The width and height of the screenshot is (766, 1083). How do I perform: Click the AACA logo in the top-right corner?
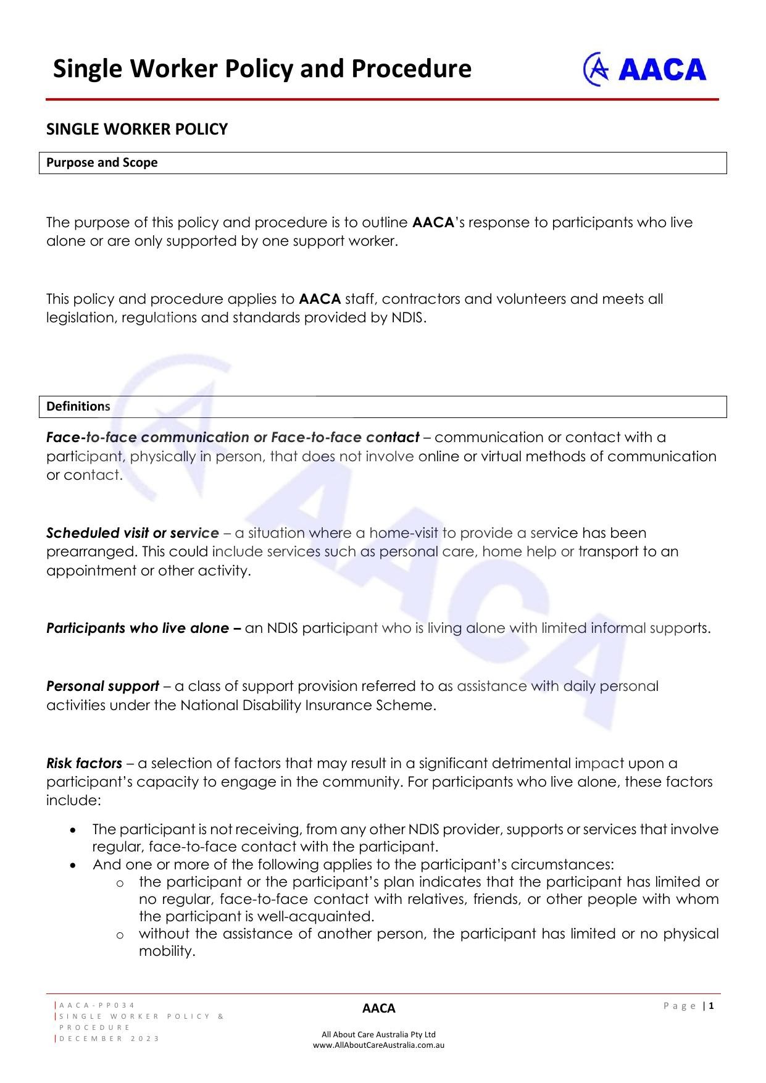644,69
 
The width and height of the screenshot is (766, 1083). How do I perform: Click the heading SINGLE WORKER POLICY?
137,129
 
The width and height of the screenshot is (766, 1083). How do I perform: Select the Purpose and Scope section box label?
102,162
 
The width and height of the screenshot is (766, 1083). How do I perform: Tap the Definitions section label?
78,406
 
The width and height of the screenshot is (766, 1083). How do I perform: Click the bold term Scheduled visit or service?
133,533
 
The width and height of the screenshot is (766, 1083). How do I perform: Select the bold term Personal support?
102,686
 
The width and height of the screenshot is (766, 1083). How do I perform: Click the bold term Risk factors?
84,763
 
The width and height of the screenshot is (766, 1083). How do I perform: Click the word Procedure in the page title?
412,69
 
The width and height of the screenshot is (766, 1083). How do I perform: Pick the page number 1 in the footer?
712,1006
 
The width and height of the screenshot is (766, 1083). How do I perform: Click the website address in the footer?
378,1045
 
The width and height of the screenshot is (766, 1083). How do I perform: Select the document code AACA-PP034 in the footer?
98,1005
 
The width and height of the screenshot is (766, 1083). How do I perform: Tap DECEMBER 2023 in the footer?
109,1039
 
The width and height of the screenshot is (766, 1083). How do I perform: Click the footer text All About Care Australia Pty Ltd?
378,1034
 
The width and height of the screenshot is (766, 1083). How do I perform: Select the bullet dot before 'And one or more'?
74,865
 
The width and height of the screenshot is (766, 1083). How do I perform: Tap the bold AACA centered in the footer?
378,1008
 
